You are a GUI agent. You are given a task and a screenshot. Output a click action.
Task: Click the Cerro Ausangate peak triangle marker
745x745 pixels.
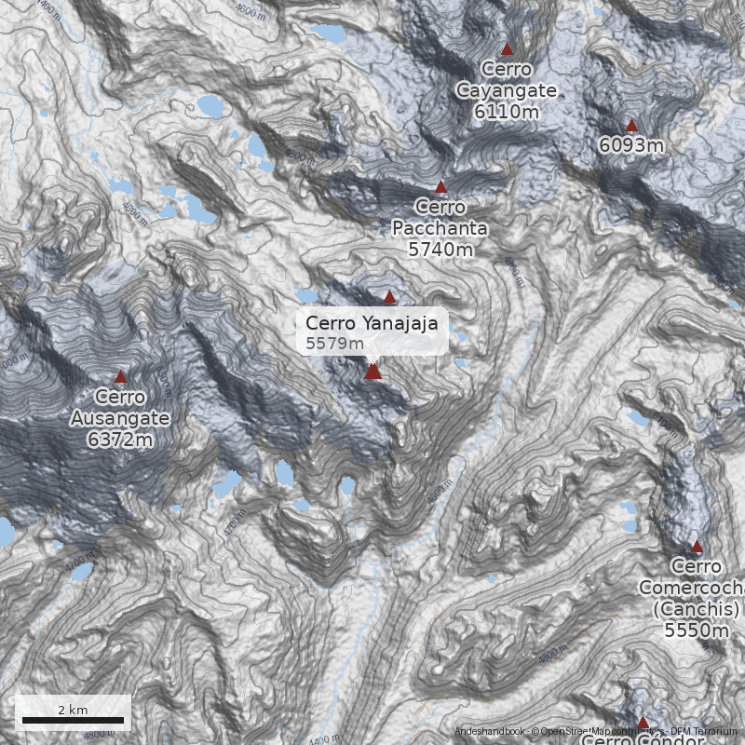pos(120,377)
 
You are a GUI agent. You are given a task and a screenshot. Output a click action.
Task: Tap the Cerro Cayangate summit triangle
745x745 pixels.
pos(508,48)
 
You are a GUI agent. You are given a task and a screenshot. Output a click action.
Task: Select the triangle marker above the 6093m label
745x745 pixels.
pos(631,126)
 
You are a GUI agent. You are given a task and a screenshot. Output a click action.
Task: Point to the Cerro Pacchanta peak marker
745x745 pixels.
pos(441,187)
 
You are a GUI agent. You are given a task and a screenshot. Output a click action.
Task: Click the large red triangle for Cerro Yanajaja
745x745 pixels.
pos(373,372)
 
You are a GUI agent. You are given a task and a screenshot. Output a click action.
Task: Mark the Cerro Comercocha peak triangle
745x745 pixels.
pos(697,547)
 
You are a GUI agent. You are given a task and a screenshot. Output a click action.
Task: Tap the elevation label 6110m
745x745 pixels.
pos(506,112)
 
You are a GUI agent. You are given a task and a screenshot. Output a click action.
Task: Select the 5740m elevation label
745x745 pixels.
pos(440,249)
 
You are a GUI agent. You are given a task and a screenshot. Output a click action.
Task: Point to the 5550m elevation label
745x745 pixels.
pos(696,630)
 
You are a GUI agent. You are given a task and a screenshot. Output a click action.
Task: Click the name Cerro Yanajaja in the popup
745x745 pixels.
pos(372,322)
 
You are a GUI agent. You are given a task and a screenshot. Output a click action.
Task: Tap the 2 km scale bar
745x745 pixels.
pos(73,720)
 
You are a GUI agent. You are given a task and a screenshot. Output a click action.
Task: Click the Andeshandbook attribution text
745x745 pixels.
pos(490,732)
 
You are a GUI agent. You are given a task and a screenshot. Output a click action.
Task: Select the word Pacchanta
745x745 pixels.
pos(440,228)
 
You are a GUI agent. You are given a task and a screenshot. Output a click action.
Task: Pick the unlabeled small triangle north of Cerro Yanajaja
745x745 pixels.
pos(390,298)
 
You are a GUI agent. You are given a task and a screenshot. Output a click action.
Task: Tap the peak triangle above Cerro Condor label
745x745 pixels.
pos(643,722)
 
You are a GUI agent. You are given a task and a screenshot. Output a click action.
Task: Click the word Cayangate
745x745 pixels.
pos(506,90)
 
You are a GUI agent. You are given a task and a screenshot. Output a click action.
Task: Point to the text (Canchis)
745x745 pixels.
pos(696,608)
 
